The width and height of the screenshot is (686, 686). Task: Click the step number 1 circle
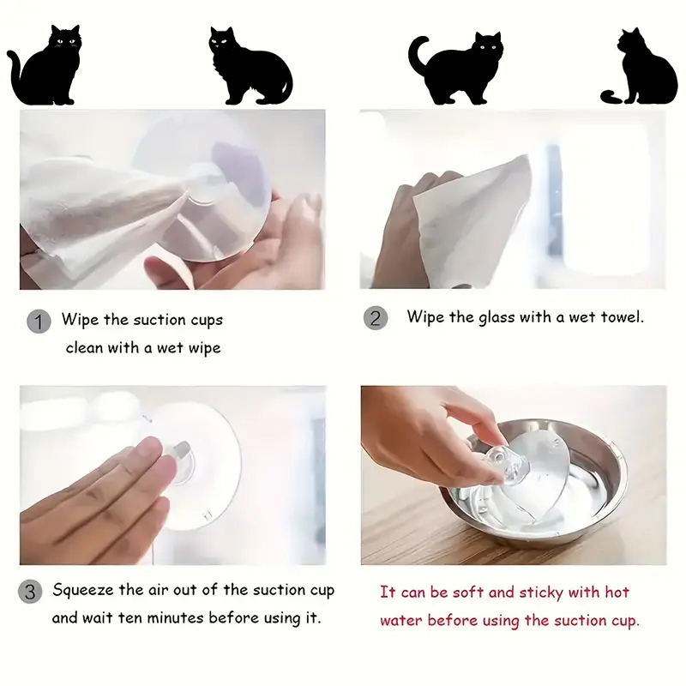pyautogui.click(x=39, y=322)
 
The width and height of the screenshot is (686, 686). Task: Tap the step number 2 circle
pyautogui.click(x=376, y=318)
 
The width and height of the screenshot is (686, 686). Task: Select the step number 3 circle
pyautogui.click(x=30, y=592)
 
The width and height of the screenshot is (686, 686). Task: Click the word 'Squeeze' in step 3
pyautogui.click(x=83, y=591)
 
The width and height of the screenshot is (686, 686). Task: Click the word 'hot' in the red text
pyautogui.click(x=617, y=592)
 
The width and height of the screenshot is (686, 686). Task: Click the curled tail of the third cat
pyautogui.click(x=418, y=54)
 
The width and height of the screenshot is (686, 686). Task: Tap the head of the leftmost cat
pyautogui.click(x=66, y=39)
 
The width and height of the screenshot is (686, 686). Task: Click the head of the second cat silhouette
pyautogui.click(x=222, y=41)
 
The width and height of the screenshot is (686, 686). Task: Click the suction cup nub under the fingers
pyautogui.click(x=179, y=461)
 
